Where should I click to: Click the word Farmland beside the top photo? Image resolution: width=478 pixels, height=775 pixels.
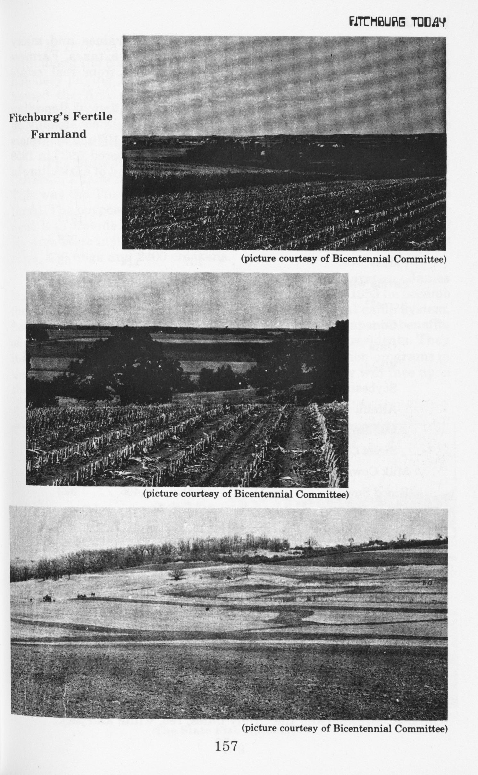pos(58,134)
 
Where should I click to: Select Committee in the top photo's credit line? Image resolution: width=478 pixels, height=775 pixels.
pos(420,259)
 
